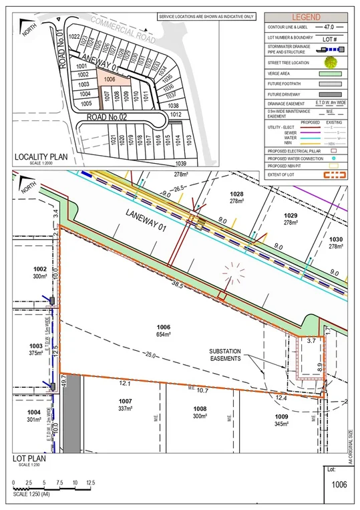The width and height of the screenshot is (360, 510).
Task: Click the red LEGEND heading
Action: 308,16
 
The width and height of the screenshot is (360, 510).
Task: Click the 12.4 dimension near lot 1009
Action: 281,399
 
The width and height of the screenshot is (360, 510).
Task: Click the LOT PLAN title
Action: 28,459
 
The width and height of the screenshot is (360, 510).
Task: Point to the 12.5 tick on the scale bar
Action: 91,483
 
